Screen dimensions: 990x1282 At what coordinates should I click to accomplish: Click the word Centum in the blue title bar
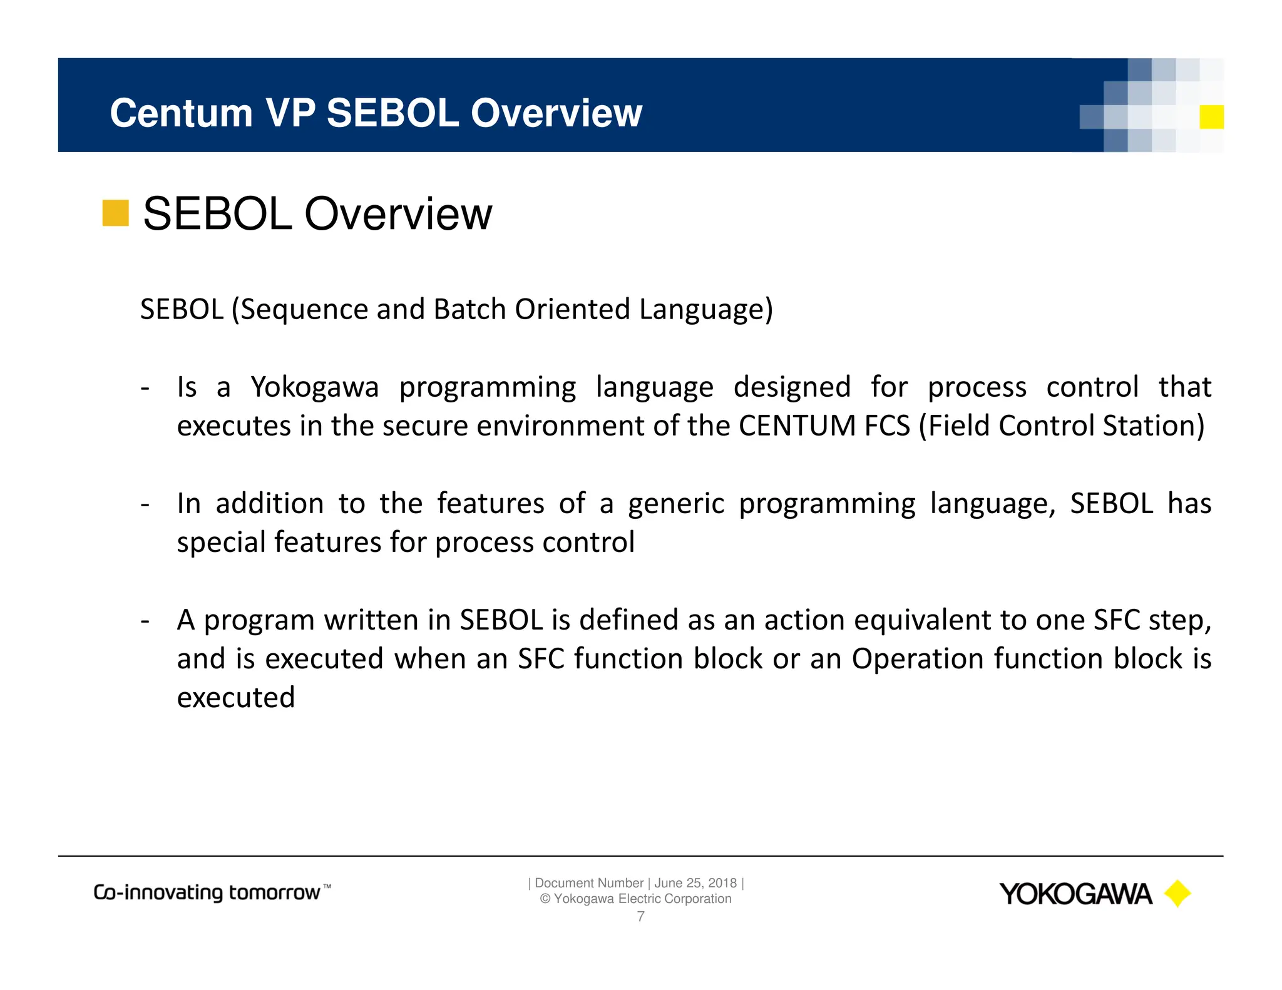181,113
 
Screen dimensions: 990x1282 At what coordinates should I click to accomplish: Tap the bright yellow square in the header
1211,117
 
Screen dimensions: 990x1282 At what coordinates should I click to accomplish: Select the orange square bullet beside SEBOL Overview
115,213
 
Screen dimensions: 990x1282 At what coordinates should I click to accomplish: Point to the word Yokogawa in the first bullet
315,387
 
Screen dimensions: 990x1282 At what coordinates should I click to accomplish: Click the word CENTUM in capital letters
797,426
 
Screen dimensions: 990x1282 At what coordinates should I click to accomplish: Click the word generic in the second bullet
676,504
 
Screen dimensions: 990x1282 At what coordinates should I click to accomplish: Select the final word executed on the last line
236,698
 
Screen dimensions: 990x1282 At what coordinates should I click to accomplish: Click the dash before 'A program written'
145,621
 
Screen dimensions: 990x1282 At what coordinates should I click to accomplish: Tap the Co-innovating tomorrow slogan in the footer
212,892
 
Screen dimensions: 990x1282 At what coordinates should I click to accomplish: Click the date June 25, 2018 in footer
695,883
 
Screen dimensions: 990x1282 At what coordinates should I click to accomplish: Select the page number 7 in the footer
640,917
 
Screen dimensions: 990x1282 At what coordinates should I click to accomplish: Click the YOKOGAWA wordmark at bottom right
1075,894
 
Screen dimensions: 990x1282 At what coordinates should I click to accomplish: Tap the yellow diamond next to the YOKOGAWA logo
1177,894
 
